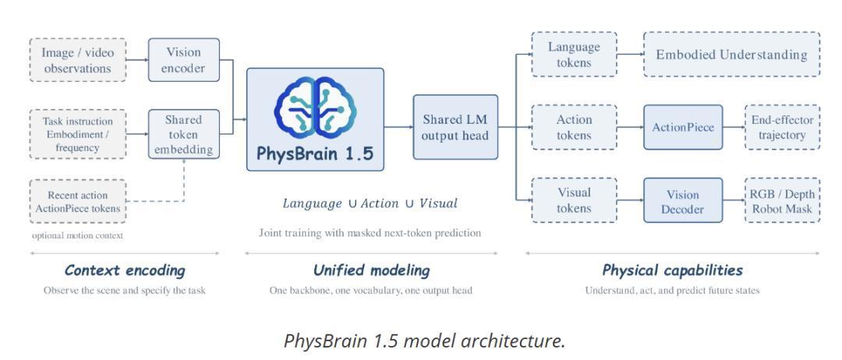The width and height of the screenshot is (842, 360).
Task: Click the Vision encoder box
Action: [x=184, y=60]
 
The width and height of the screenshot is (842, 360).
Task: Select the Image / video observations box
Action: [x=78, y=60]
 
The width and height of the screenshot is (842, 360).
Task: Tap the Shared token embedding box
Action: [x=184, y=134]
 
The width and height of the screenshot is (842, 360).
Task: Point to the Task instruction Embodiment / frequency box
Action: [x=78, y=134]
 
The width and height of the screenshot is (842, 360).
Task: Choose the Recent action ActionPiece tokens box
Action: [x=78, y=201]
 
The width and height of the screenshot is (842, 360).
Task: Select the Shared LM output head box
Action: [x=455, y=127]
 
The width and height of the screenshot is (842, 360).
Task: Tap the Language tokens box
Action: [x=574, y=55]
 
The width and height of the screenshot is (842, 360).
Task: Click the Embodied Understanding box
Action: [x=731, y=55]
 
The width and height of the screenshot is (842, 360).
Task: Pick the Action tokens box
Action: [x=574, y=127]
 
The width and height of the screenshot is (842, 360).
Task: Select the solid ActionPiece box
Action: [x=683, y=127]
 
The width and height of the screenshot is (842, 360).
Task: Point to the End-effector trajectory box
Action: [x=783, y=127]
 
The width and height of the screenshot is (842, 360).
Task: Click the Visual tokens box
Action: [x=574, y=200]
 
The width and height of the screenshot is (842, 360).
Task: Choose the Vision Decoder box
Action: [x=683, y=200]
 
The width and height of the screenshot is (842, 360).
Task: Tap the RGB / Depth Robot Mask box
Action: [x=783, y=200]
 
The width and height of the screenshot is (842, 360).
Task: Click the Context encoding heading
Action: [x=125, y=270]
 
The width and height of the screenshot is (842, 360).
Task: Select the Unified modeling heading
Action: [x=372, y=270]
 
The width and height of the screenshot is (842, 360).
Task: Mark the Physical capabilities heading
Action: [x=672, y=270]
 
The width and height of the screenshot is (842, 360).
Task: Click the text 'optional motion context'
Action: [x=77, y=235]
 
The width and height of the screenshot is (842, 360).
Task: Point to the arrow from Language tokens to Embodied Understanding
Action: [x=631, y=55]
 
